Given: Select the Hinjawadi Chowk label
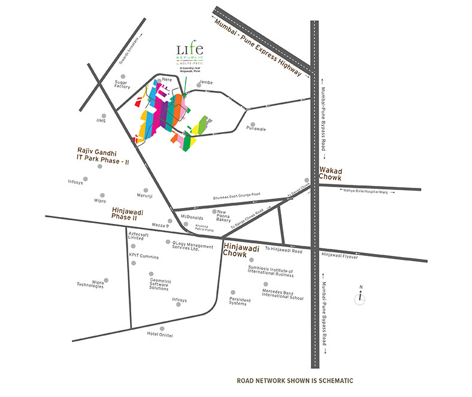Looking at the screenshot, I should tap(241, 249).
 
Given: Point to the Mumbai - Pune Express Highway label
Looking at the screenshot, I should tap(259, 45).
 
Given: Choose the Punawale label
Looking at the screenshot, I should tap(256, 129).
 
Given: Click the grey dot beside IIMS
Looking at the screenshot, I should tap(104, 116).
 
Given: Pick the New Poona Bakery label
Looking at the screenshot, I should tap(225, 216).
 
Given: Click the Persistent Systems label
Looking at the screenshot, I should tap(237, 301).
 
